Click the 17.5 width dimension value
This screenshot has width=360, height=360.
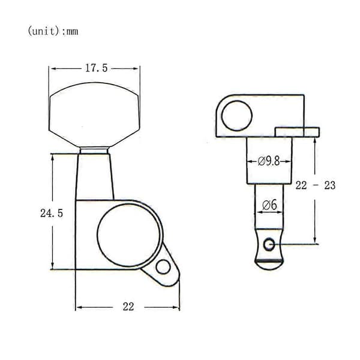tap(97, 68)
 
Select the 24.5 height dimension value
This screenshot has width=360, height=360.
tap(52, 213)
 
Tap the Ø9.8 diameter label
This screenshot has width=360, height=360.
tap(269, 161)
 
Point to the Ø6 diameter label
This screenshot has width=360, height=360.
tap(269, 205)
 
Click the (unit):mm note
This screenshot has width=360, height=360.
tap(53, 31)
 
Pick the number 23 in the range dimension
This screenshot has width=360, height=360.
tap(330, 185)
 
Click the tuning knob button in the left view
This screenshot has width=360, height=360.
tap(94, 115)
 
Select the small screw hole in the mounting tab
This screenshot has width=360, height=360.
tap(163, 267)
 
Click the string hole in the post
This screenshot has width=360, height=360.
tap(269, 244)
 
